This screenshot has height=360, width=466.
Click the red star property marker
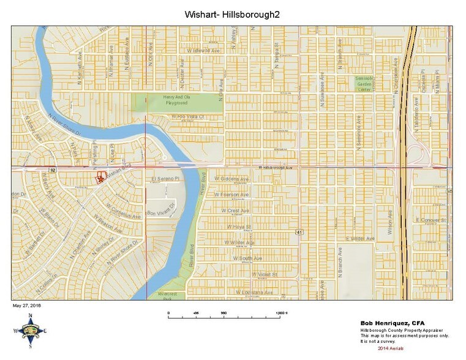[x=99, y=178]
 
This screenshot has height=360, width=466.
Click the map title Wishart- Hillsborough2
[x=232, y=13]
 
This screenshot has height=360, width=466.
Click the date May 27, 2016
[x=28, y=304]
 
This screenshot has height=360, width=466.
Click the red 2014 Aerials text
[x=390, y=348]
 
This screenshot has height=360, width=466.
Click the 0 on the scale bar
[x=168, y=313]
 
